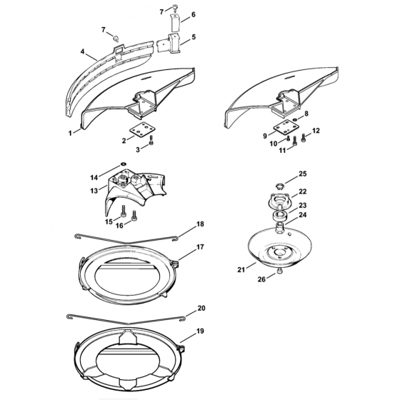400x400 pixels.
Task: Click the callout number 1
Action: (x=70, y=133)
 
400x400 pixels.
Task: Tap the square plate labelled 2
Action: (x=141, y=129)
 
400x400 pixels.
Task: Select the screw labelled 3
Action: (x=151, y=140)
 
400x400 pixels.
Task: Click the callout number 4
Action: (x=82, y=51)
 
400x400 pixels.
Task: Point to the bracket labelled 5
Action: (x=169, y=44)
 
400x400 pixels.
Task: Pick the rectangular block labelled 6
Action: (x=176, y=23)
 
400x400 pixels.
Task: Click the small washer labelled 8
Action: (x=294, y=120)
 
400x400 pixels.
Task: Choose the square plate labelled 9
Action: (x=285, y=128)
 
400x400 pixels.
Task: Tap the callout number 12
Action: (x=316, y=131)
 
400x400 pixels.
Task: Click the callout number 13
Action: (x=94, y=191)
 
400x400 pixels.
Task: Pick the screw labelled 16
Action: (x=134, y=215)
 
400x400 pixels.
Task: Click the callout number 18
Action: (x=200, y=224)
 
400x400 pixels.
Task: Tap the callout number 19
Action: (x=200, y=331)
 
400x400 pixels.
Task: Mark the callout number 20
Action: (x=201, y=309)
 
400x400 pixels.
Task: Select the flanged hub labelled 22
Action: (x=279, y=201)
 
